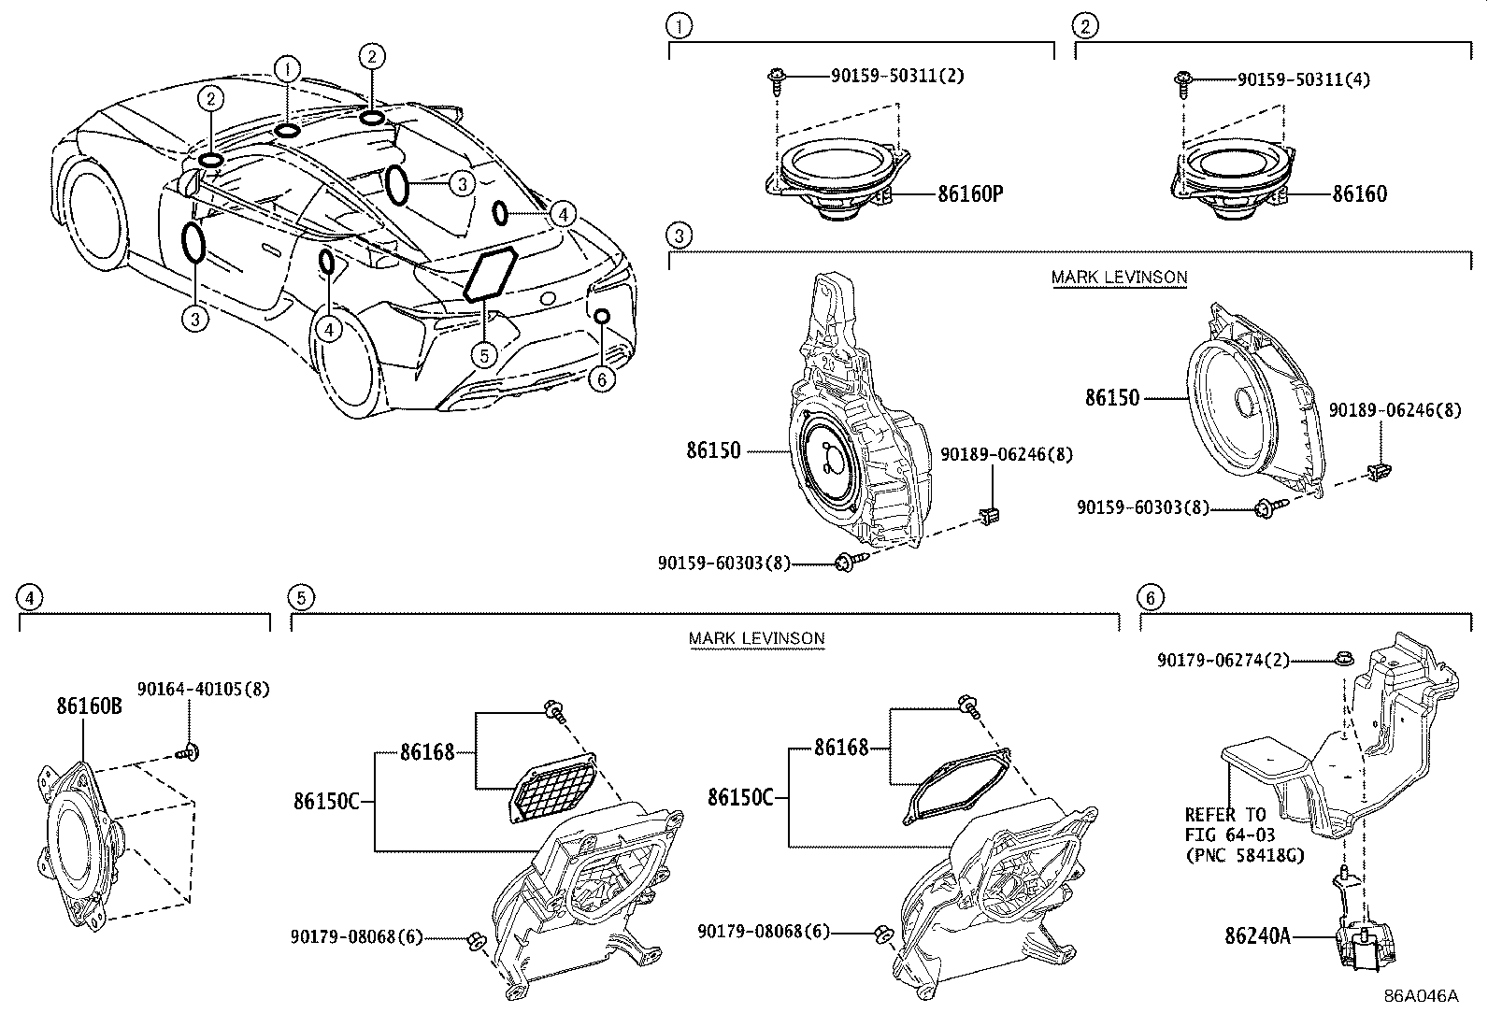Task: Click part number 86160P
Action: pyautogui.click(x=970, y=194)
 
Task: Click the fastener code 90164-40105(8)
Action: pyautogui.click(x=203, y=690)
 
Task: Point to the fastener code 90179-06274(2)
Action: pyautogui.click(x=1223, y=660)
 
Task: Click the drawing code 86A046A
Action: pyautogui.click(x=1421, y=996)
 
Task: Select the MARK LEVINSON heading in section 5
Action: pyautogui.click(x=756, y=638)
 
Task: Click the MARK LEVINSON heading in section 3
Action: pyautogui.click(x=1119, y=277)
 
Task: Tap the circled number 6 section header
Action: pyautogui.click(x=1151, y=597)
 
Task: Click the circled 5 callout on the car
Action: pyautogui.click(x=482, y=355)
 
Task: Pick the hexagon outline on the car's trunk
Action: pyautogui.click(x=492, y=276)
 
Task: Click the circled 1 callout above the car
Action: pyautogui.click(x=287, y=67)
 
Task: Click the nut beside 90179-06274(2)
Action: pyautogui.click(x=1340, y=659)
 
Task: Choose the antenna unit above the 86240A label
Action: pyautogui.click(x=1365, y=944)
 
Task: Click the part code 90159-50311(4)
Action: pyautogui.click(x=1303, y=80)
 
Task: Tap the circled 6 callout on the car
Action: pyautogui.click(x=602, y=378)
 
